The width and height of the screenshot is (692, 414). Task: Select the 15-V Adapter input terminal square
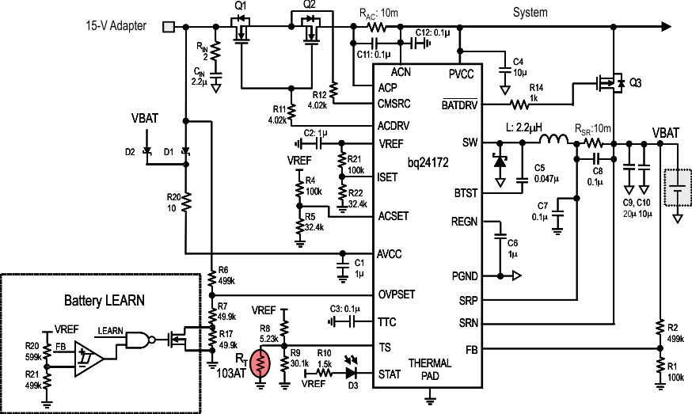[x=169, y=26]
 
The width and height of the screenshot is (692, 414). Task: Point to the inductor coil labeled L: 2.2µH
[x=555, y=142]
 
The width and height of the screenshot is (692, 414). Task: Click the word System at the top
[x=530, y=13]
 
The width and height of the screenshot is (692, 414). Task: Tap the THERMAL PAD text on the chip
[x=430, y=370]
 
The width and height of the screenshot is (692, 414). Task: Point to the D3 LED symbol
[x=351, y=370]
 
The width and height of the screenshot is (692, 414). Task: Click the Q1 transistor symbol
[x=241, y=33]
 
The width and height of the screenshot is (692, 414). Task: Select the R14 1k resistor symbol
[x=519, y=104]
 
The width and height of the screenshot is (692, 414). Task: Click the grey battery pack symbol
[x=678, y=190]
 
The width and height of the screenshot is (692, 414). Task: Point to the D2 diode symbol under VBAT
[x=147, y=150]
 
